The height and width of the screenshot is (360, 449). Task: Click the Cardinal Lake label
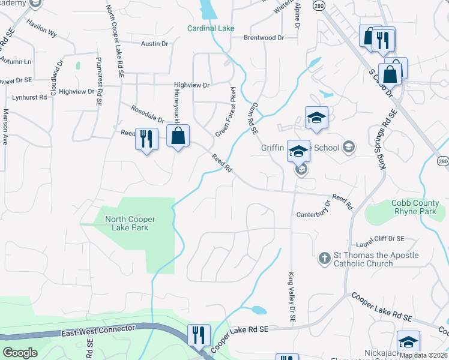211,28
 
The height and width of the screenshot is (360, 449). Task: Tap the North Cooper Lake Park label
127,223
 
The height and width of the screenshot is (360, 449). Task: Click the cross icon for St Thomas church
324,257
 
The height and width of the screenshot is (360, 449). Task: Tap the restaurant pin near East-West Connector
199,335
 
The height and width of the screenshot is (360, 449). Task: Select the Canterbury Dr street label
314,215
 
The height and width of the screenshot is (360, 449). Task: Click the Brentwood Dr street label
264,37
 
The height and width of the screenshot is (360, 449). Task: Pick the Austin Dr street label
155,44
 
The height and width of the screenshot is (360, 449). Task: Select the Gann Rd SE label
252,116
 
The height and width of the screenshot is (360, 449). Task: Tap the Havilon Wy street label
41,28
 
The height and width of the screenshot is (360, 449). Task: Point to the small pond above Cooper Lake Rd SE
259,310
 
